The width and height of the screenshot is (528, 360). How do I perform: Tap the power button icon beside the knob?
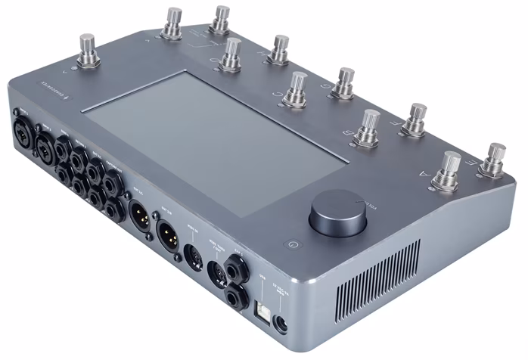(x=294, y=244)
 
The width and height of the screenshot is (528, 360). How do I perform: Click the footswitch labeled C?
(x=298, y=88)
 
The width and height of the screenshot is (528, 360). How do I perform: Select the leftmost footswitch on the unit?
(x=91, y=50)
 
